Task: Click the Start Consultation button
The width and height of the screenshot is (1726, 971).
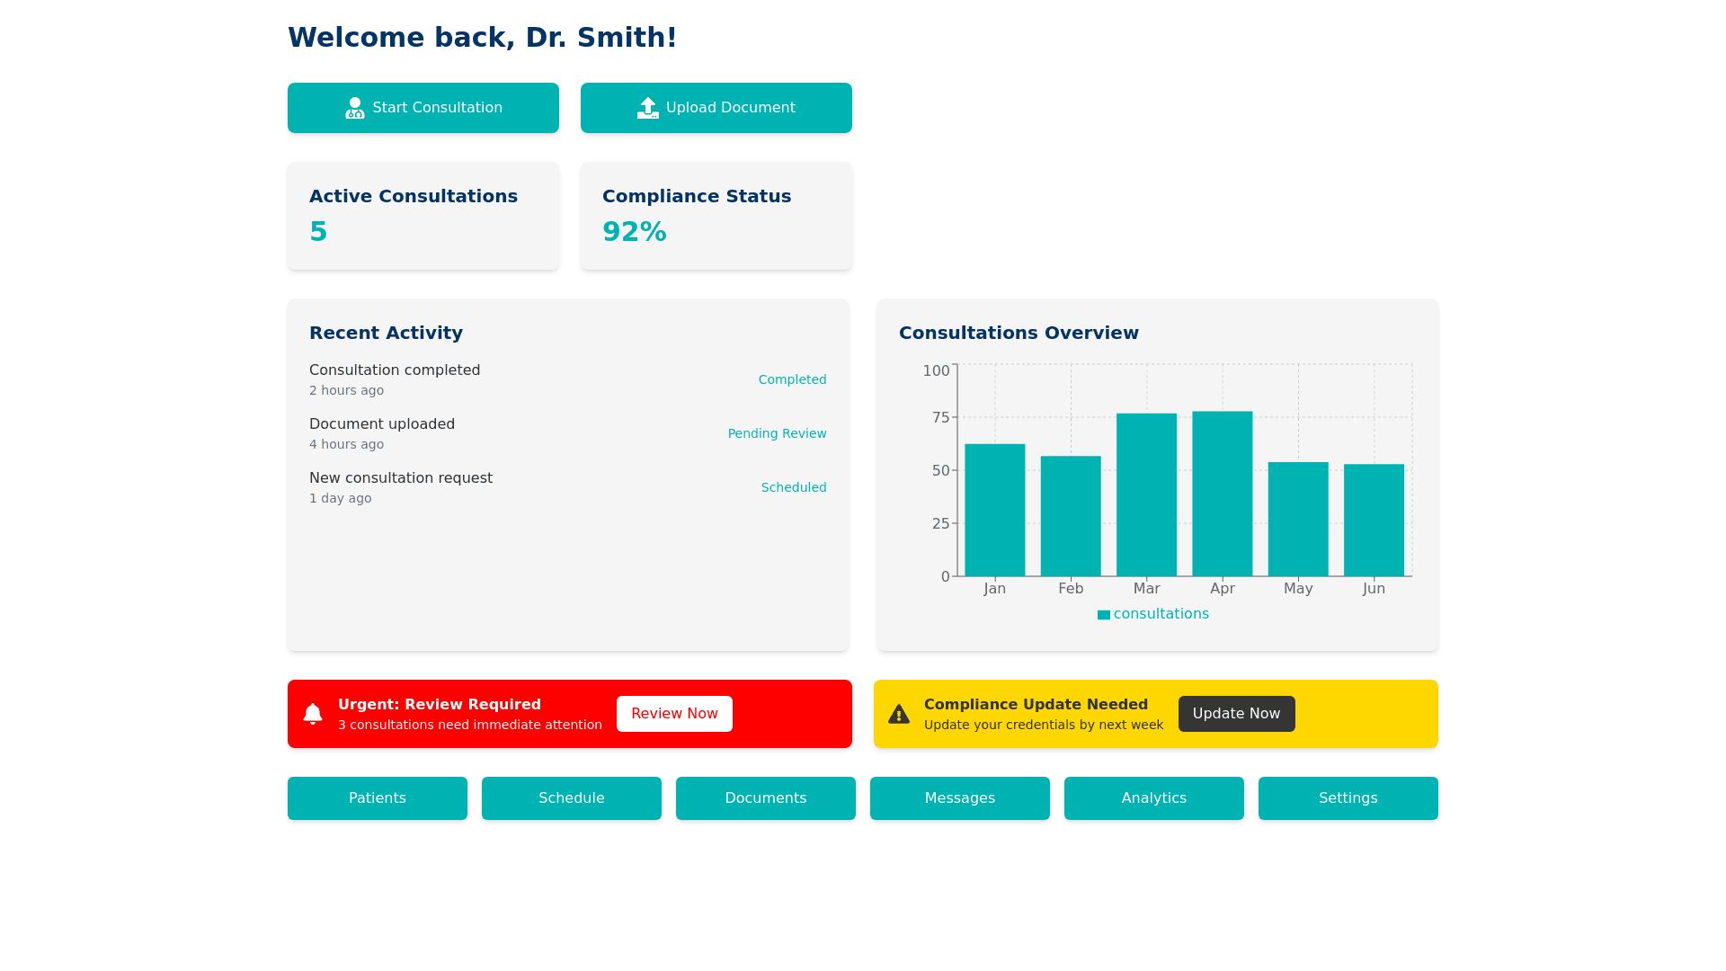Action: [x=423, y=108]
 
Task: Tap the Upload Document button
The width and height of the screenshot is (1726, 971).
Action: [x=716, y=108]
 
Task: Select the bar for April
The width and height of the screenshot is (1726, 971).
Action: [x=1222, y=494]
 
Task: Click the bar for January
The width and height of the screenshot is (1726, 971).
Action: [x=994, y=510]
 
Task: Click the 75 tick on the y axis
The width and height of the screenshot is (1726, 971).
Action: [x=940, y=417]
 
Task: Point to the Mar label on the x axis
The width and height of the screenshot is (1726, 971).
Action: [x=1146, y=588]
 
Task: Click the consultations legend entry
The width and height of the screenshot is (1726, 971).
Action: [x=1153, y=614]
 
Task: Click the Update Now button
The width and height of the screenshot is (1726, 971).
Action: [x=1236, y=714]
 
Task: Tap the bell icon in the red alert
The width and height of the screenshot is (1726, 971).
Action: [x=313, y=714]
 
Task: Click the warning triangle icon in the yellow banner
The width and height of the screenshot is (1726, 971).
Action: [x=899, y=714]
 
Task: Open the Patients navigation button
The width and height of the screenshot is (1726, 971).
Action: [x=378, y=798]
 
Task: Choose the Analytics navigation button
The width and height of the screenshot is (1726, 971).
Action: [x=1154, y=798]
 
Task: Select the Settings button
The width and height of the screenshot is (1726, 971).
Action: [x=1348, y=798]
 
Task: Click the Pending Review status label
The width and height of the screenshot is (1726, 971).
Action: [x=777, y=433]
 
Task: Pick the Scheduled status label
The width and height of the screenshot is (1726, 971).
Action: [x=794, y=487]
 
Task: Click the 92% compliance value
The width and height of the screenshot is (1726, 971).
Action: [x=635, y=232]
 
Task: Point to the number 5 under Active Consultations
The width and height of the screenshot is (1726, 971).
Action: [x=318, y=232]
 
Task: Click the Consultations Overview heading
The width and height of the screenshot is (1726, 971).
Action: [x=1019, y=333]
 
